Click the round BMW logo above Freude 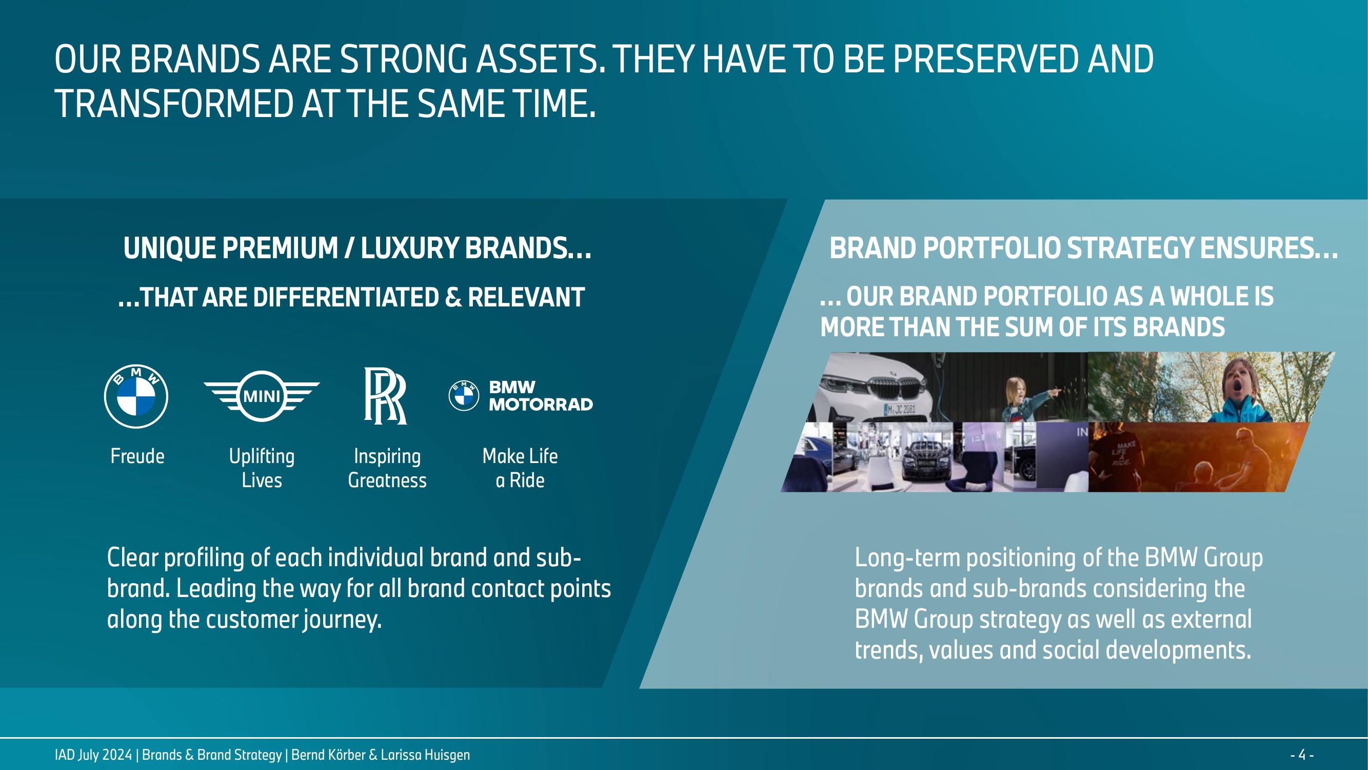tap(136, 396)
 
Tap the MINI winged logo tap(262, 396)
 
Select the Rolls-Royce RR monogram tap(385, 396)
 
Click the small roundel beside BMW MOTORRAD tap(464, 396)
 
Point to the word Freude tap(137, 456)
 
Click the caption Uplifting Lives tap(262, 468)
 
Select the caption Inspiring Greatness tap(387, 468)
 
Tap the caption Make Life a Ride tap(520, 468)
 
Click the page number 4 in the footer tap(1302, 755)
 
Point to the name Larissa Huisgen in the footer tap(425, 755)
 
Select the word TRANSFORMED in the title tap(174, 103)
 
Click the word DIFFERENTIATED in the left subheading tap(346, 297)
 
